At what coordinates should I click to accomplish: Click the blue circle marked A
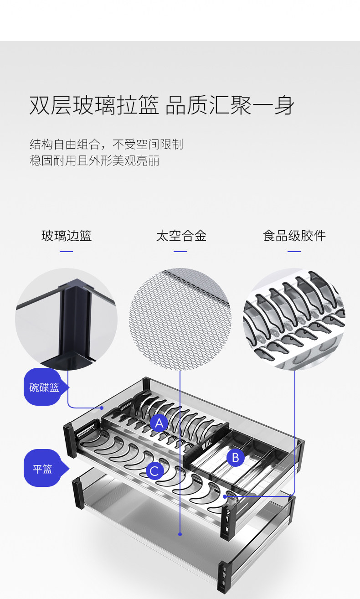coord(159,423)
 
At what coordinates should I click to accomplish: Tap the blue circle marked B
coord(235,457)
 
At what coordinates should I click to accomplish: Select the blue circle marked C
coord(155,471)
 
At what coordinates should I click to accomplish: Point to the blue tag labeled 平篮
coord(42,469)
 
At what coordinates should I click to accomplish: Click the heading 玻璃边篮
coord(67,236)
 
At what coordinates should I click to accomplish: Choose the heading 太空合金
coord(181,236)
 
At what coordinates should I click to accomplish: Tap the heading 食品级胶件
coord(294,236)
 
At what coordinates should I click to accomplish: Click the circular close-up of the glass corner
coord(67,319)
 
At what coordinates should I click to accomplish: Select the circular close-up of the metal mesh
coord(180,319)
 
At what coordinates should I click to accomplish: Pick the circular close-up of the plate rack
coord(294,319)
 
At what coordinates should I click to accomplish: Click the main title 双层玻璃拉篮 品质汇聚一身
coord(162,105)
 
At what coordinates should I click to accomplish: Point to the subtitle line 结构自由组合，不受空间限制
coord(106,145)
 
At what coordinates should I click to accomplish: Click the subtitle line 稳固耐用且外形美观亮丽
coord(94,160)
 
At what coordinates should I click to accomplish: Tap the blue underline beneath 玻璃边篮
coord(67,251)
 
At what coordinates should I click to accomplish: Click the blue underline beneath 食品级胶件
coord(294,251)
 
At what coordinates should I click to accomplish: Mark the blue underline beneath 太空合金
coord(180,251)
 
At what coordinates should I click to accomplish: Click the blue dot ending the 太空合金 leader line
coord(180,534)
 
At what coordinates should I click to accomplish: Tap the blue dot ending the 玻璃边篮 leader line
coord(102,408)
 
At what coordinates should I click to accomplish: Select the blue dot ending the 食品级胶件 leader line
coord(225,496)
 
